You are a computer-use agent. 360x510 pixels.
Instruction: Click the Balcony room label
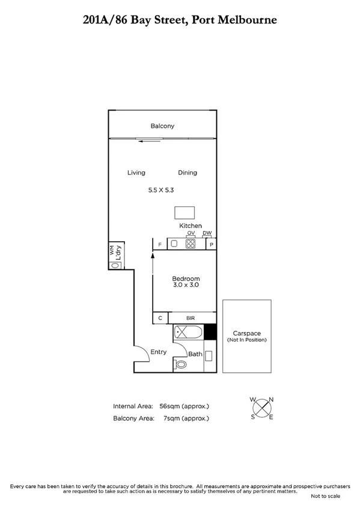[162, 126]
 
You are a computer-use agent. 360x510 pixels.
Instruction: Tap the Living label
[136, 173]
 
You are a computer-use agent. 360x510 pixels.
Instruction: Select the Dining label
[188, 173]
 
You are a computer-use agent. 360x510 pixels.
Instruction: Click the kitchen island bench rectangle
[185, 213]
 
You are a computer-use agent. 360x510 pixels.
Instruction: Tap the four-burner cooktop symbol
[191, 244]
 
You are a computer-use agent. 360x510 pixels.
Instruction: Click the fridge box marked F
[159, 244]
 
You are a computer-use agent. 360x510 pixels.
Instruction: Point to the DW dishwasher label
[207, 233]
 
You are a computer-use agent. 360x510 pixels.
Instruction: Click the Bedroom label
[186, 279]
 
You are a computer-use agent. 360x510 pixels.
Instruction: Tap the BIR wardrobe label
[191, 318]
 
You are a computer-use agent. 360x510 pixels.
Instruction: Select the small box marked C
[160, 318]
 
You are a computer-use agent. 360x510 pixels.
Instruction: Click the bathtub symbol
[188, 333]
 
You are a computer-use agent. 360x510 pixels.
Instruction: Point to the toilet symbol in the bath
[180, 365]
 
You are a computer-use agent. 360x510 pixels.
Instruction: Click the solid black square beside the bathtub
[210, 333]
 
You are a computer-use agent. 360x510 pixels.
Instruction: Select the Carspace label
[246, 333]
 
